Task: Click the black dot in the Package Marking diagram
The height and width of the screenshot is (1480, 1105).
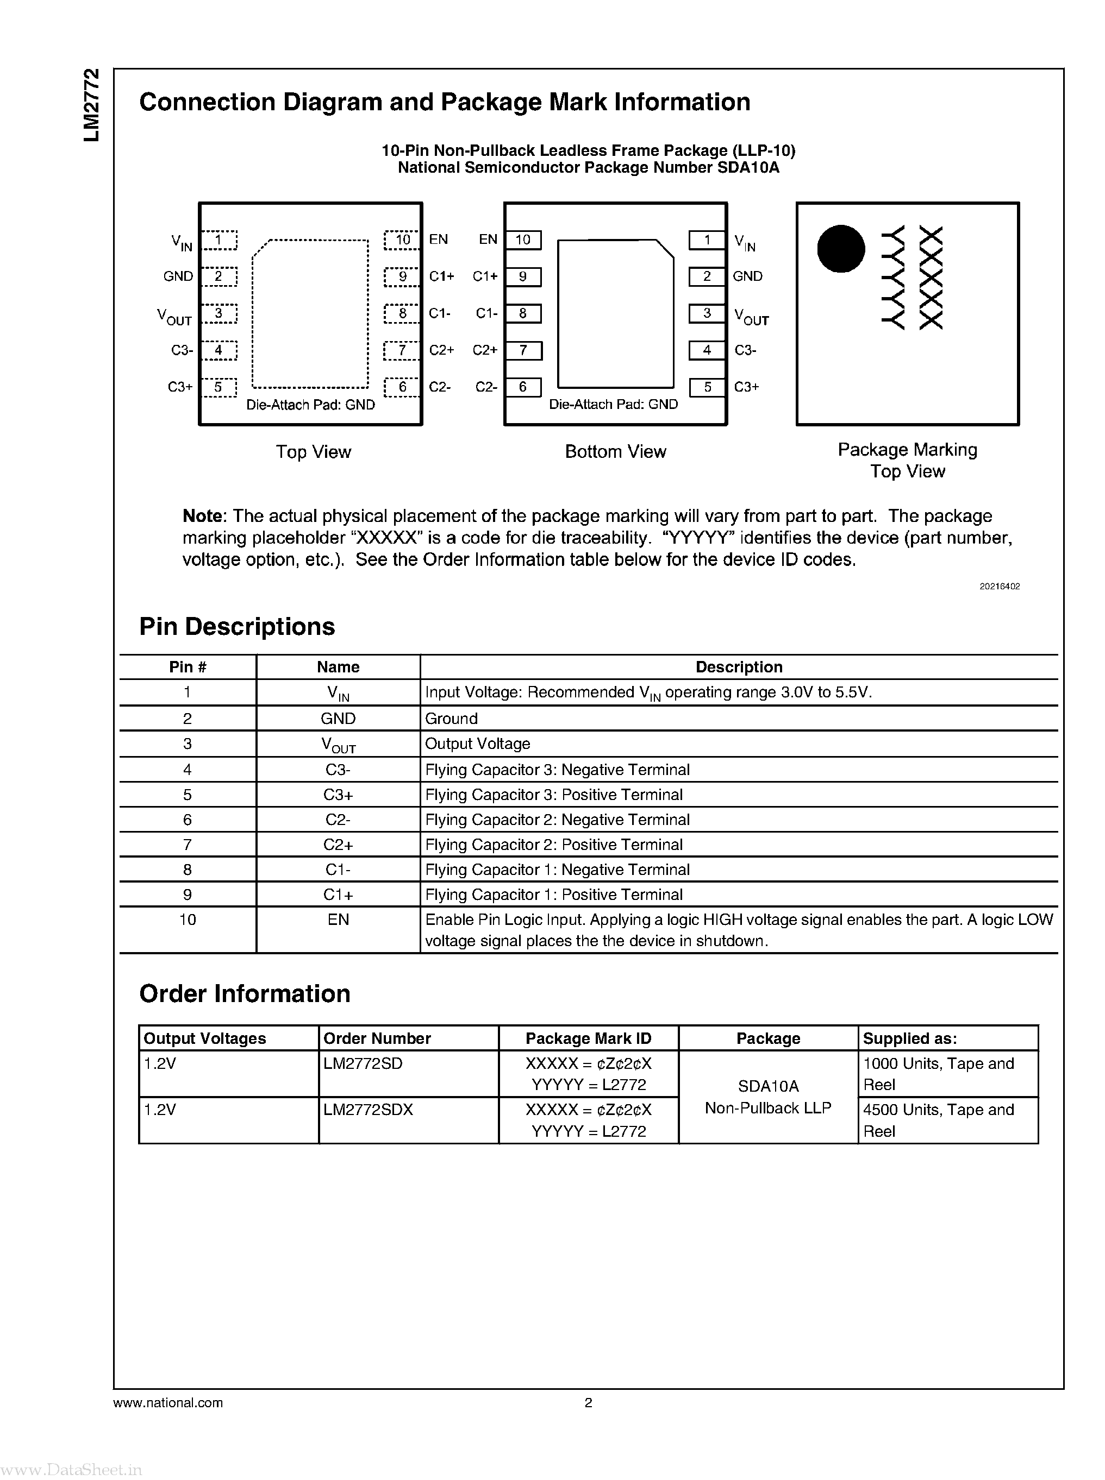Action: point(841,249)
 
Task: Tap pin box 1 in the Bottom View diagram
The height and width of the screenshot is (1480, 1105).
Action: point(707,240)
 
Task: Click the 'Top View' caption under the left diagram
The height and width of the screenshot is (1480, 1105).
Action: point(313,452)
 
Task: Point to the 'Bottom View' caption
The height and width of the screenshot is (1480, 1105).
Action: point(615,452)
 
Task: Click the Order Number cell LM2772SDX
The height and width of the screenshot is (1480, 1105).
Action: point(368,1110)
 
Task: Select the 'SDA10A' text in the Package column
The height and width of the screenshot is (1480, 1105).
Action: point(768,1086)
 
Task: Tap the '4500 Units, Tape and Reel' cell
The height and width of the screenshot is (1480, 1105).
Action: point(938,1120)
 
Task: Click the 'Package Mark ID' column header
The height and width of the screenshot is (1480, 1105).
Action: point(588,1038)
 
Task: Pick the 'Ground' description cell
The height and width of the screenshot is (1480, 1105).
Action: point(452,719)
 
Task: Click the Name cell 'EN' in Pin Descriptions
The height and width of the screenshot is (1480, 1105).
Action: point(338,920)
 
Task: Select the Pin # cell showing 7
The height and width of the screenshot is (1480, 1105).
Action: point(188,845)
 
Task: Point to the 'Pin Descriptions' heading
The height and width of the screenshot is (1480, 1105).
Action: point(237,627)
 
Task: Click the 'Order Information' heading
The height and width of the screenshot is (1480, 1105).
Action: point(244,994)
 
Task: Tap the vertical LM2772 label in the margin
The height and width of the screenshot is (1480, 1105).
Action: point(92,105)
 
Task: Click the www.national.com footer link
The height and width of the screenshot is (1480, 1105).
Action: point(168,1403)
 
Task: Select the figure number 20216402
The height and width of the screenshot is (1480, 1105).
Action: point(1000,586)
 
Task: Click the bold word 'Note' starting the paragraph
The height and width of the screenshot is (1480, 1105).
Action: point(202,516)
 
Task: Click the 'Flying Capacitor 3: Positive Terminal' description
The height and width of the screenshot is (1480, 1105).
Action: point(554,795)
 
